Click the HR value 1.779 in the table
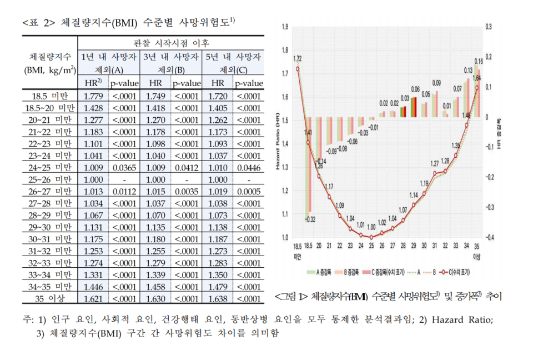[93, 96]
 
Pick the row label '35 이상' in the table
[50, 298]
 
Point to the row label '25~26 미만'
[50, 179]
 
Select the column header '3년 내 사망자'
[171, 57]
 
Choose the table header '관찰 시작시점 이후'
[171, 43]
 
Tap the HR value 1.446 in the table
[93, 286]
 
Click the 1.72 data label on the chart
[298, 58]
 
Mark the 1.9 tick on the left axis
[285, 27]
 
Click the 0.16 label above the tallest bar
[478, 61]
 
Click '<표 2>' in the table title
[38, 22]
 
